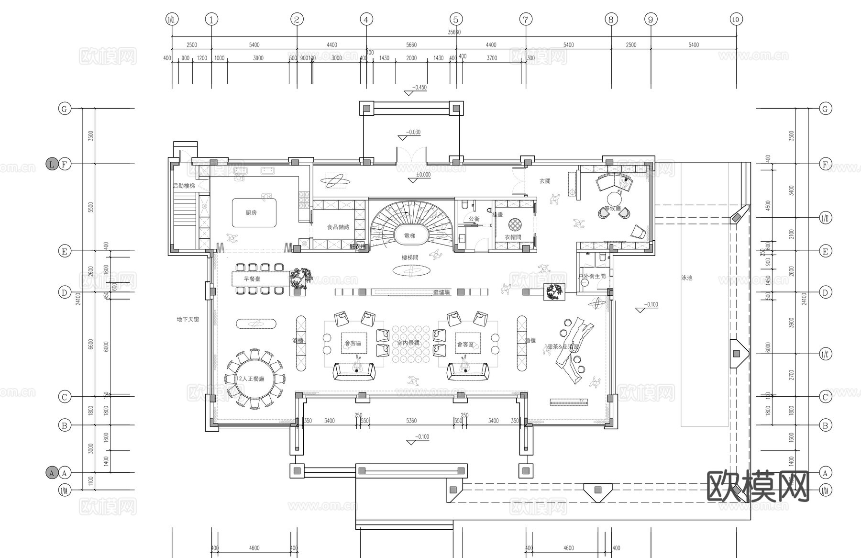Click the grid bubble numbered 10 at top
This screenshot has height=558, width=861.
click(x=736, y=20)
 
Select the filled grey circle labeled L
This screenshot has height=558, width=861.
click(x=52, y=164)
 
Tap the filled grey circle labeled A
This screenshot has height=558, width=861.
click(x=52, y=473)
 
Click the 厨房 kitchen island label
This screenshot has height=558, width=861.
click(x=251, y=212)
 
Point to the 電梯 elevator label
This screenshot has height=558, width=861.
click(x=410, y=236)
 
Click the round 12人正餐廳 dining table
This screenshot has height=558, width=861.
click(x=254, y=379)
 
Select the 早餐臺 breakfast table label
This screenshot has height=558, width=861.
click(x=252, y=279)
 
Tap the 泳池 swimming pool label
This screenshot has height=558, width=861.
click(x=686, y=278)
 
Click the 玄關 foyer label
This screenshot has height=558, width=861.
click(x=545, y=181)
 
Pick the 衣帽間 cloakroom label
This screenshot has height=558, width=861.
click(x=513, y=237)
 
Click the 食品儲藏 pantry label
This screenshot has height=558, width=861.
click(x=338, y=227)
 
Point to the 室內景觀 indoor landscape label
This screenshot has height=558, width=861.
click(x=408, y=343)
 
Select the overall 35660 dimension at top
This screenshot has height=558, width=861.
click(x=454, y=32)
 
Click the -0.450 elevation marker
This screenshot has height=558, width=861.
click(x=419, y=88)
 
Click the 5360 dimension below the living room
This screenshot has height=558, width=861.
click(x=411, y=421)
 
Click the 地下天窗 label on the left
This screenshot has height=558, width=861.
click(x=188, y=319)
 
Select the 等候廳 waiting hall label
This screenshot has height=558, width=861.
click(x=612, y=208)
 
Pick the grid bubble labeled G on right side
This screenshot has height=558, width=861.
click(x=825, y=109)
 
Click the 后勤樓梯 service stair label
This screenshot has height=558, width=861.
click(x=184, y=186)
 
